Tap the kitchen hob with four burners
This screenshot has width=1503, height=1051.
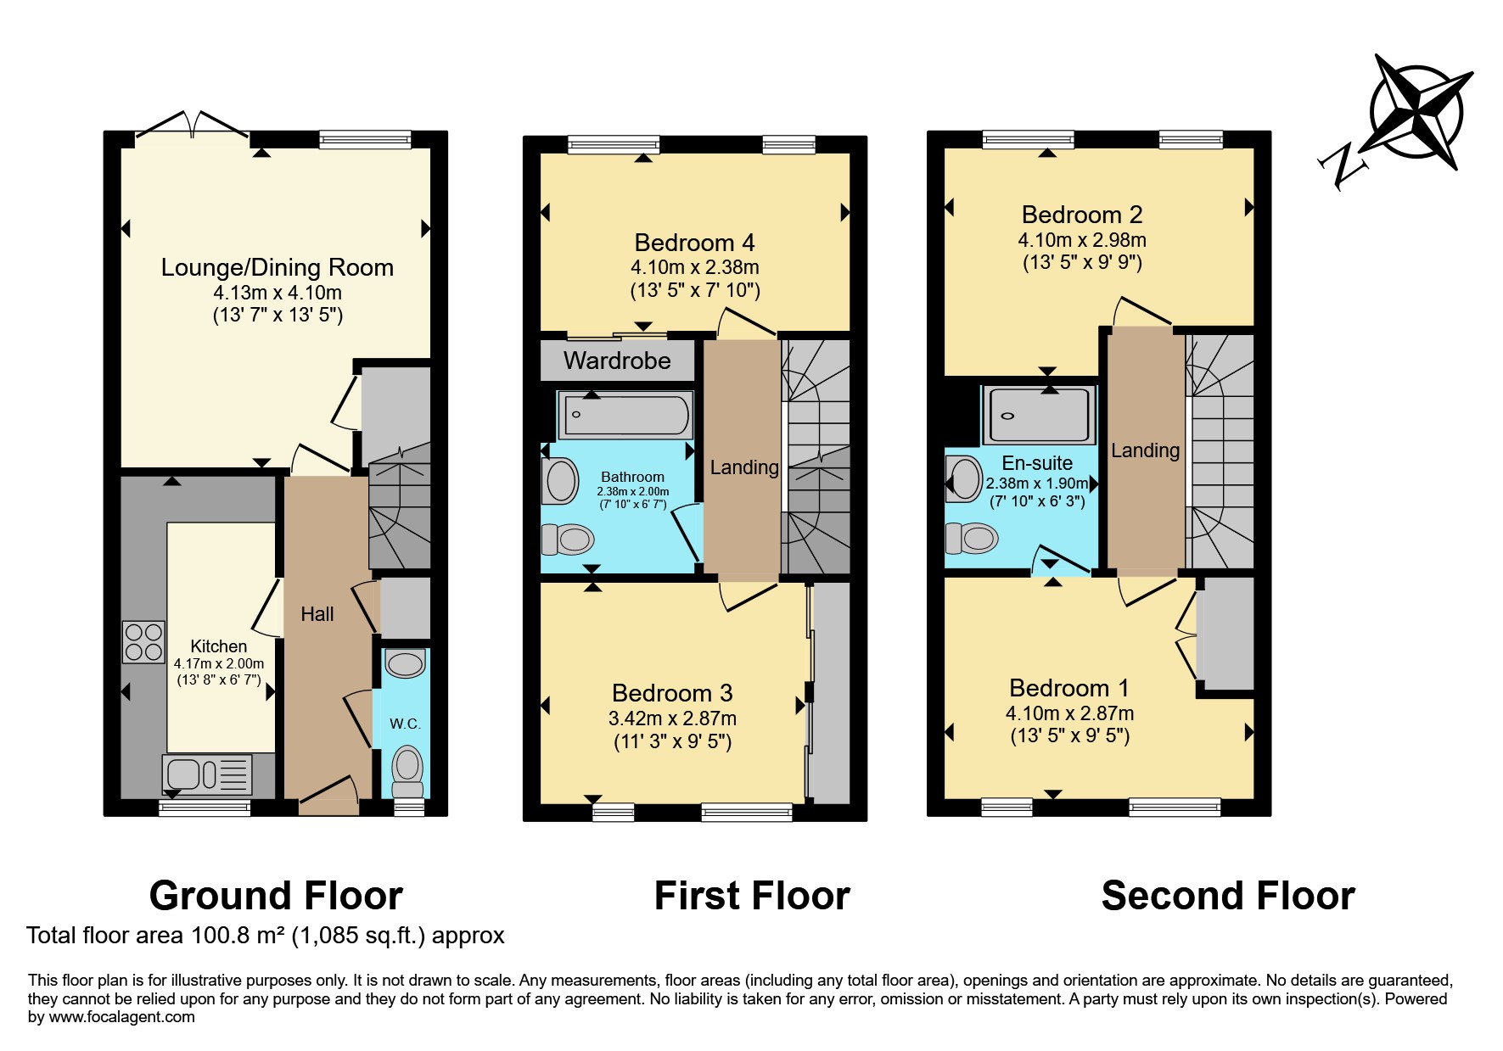143,641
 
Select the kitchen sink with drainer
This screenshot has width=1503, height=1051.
207,774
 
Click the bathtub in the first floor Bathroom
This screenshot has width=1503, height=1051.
625,416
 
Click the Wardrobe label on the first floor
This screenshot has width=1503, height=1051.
617,361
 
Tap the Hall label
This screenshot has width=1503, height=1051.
317,614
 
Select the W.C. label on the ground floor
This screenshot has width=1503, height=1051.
405,724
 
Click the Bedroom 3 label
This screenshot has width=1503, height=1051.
672,693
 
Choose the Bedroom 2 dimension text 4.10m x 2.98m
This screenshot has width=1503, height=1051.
1082,240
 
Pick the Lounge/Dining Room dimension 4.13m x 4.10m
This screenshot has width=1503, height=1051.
278,293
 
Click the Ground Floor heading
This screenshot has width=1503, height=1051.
276,896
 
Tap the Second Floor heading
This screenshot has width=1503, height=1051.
1228,896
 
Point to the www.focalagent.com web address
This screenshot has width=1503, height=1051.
121,1017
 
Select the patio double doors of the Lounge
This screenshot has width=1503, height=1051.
193,123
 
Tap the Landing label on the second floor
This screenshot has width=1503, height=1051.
1145,450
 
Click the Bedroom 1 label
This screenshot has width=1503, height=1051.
1069,688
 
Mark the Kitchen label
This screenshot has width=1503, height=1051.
219,646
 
